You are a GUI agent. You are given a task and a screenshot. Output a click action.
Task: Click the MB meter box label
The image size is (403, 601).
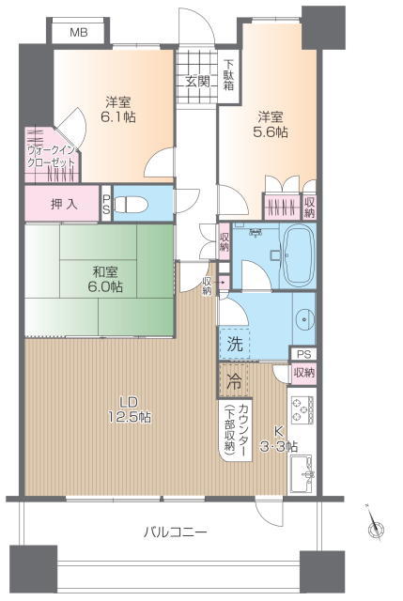(x=79, y=33)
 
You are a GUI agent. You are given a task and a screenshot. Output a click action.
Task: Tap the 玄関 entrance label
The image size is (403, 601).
(x=198, y=82)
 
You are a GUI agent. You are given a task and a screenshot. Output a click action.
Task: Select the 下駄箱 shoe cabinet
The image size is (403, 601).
(x=229, y=76)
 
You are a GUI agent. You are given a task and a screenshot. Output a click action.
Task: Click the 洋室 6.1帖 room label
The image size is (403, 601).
(x=118, y=110)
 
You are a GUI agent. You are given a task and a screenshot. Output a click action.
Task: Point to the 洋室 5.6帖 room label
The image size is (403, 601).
(x=271, y=124)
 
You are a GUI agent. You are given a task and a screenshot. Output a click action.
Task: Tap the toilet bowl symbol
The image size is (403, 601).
(x=132, y=204)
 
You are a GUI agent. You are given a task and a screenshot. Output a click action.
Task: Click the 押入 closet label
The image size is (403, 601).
(x=64, y=204)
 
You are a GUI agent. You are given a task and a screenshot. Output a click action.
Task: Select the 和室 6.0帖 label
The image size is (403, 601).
(x=105, y=280)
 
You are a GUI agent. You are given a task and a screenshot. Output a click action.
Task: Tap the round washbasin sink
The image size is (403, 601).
(x=305, y=319)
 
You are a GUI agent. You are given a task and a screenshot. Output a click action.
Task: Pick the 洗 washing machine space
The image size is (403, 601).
(x=234, y=344)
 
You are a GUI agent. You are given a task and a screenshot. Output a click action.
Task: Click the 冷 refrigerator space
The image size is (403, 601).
(x=234, y=381)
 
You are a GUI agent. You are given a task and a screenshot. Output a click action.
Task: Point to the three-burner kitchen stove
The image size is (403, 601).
(x=302, y=409)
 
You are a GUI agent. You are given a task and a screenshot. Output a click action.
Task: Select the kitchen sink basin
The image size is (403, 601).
(x=302, y=473)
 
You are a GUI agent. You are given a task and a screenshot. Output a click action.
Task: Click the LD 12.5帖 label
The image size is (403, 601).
(x=130, y=409)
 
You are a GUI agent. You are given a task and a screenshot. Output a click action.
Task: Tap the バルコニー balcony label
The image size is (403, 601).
(x=176, y=532)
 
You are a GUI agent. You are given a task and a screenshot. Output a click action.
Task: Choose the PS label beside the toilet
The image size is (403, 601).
(x=106, y=204)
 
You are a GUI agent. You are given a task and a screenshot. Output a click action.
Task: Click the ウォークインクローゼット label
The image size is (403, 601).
(x=52, y=156)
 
